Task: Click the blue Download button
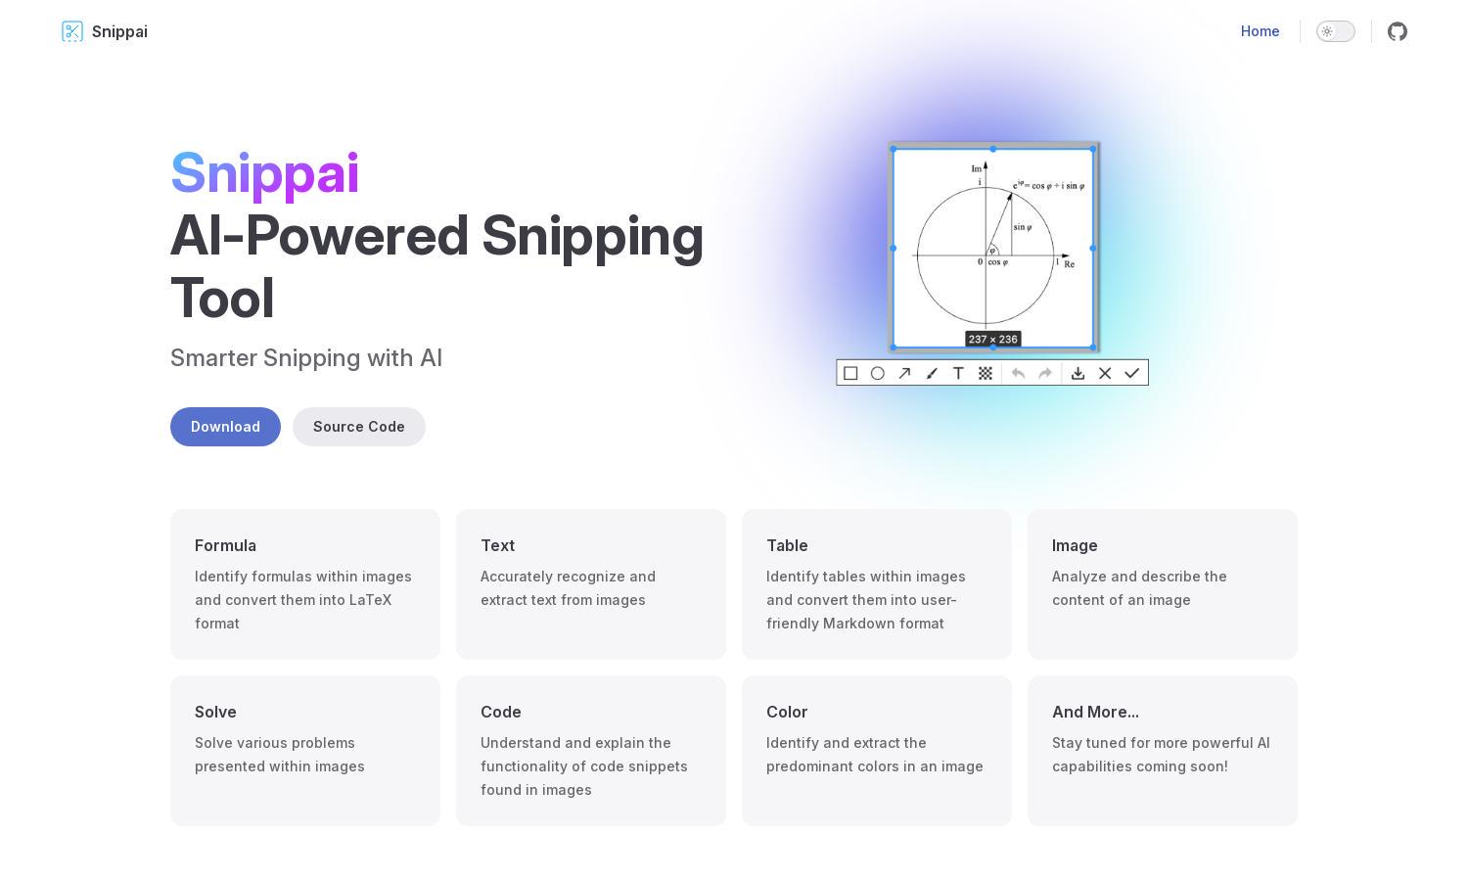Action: (x=225, y=427)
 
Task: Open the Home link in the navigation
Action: (x=1260, y=31)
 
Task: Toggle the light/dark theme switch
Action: (x=1336, y=31)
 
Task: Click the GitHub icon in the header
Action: (x=1398, y=31)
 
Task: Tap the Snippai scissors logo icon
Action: (x=72, y=31)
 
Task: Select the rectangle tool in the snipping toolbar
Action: (x=850, y=373)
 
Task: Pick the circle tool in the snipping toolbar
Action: (x=878, y=373)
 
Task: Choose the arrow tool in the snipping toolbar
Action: (x=904, y=373)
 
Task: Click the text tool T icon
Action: (x=958, y=373)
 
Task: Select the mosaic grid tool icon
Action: (x=985, y=373)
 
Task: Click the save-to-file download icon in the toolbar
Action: (x=1078, y=373)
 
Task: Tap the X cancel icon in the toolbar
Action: (x=1105, y=373)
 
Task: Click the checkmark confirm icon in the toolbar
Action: (x=1131, y=373)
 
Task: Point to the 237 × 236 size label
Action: (x=993, y=339)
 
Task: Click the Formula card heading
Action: (x=225, y=545)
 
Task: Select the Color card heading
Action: (x=787, y=712)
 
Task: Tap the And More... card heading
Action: (x=1095, y=712)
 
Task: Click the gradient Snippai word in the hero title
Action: (x=265, y=173)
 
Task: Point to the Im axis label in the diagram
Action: (x=977, y=169)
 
